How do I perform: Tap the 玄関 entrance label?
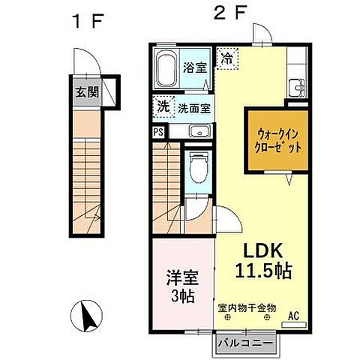coord(86,93)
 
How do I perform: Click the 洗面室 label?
coord(194,108)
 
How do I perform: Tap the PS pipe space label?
coord(159,132)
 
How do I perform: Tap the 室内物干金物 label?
coord(247,306)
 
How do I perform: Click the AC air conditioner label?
coord(295,315)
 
